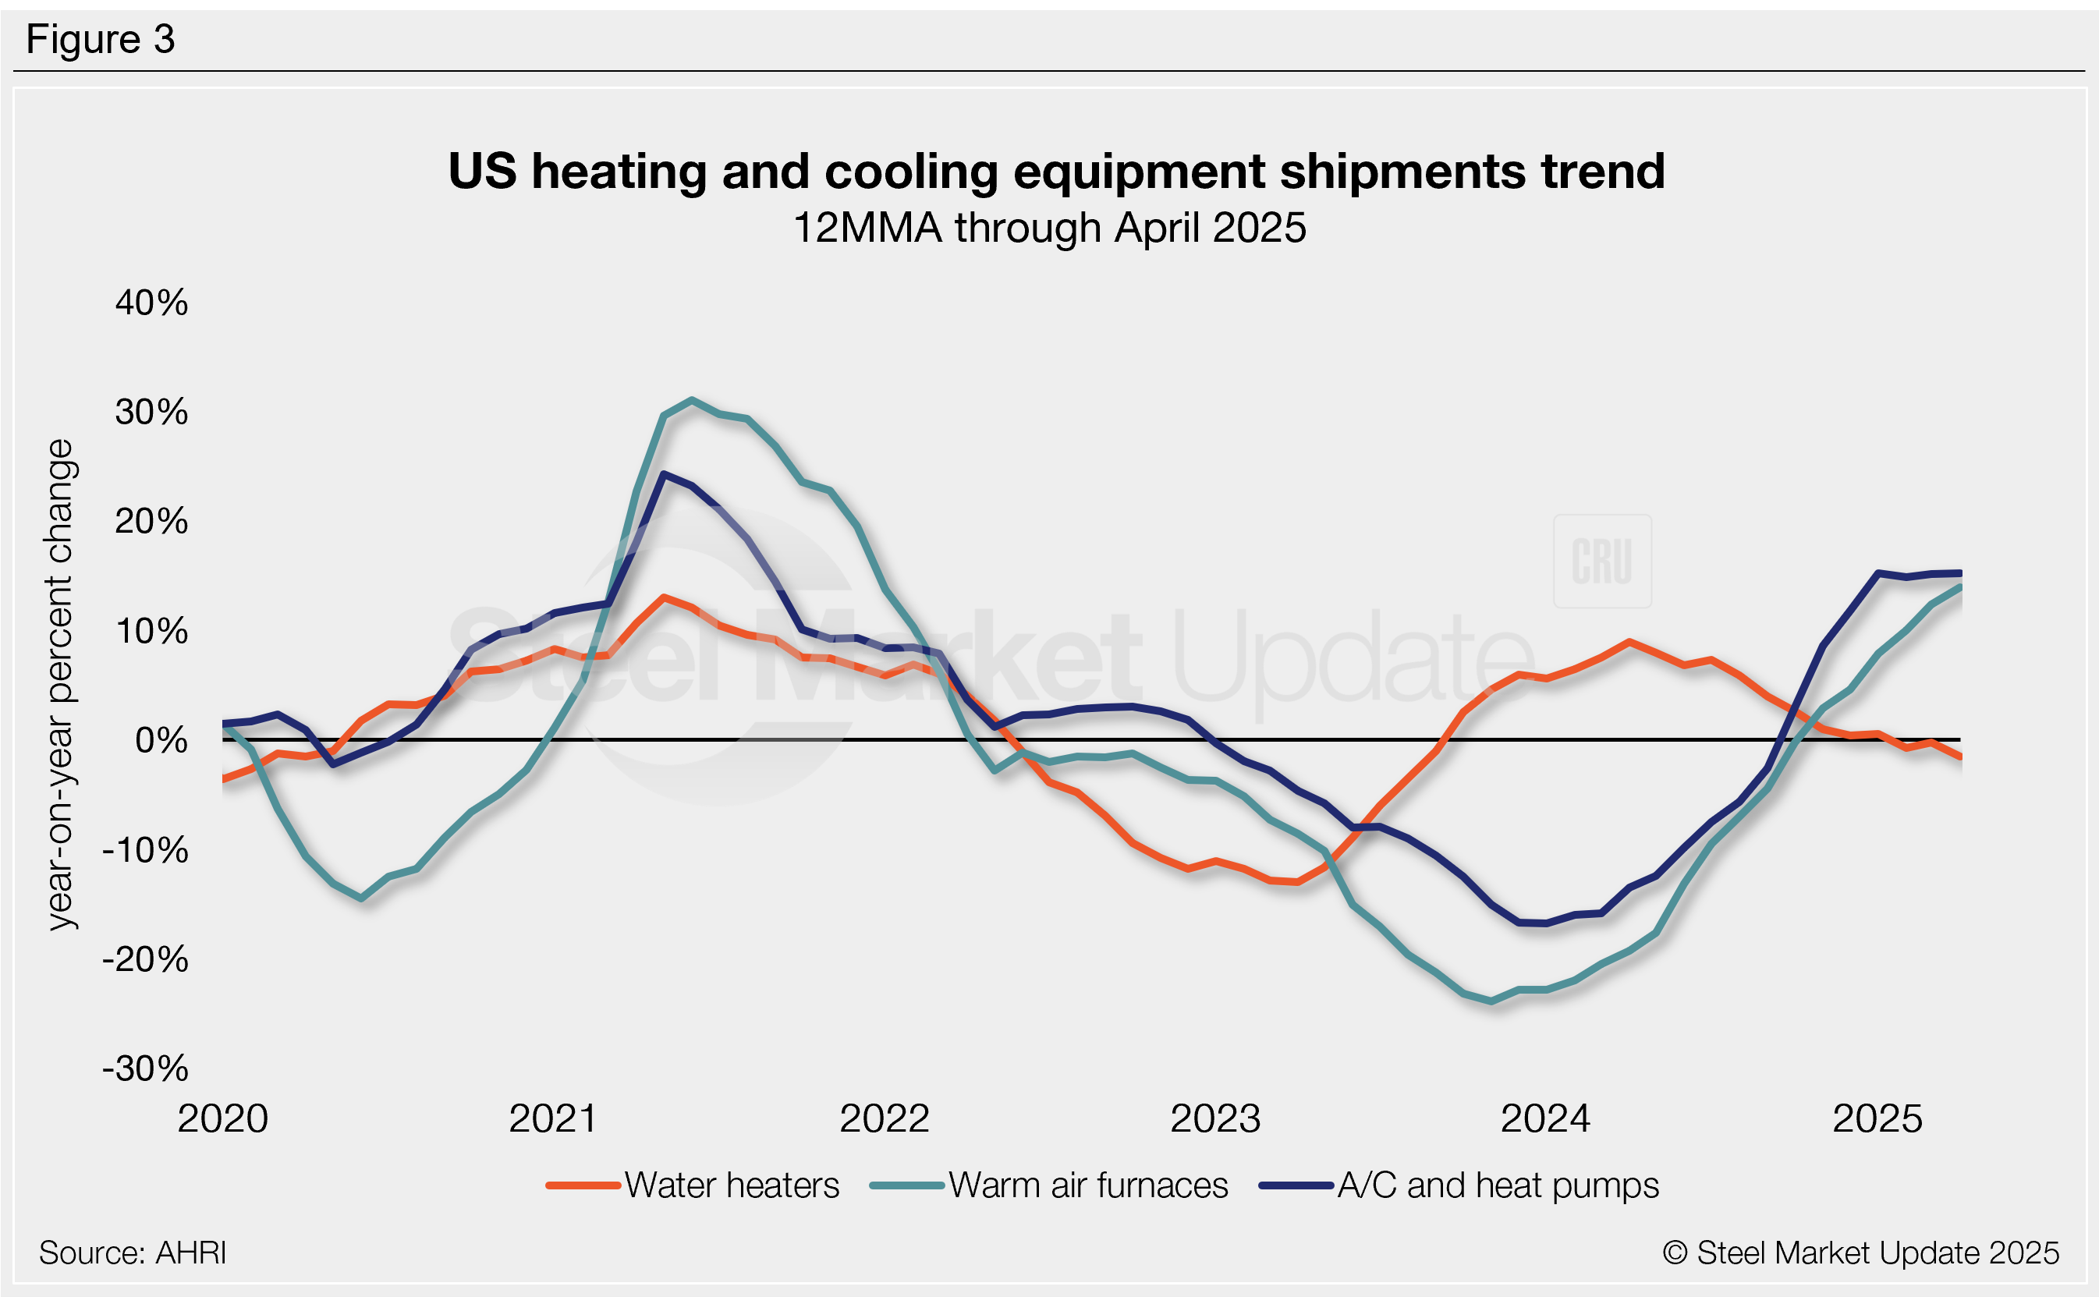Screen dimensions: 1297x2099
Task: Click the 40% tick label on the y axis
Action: pos(152,303)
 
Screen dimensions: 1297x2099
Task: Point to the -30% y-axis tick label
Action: pos(146,1068)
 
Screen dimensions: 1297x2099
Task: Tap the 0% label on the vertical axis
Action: pos(162,740)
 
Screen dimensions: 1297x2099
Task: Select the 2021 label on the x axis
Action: pos(553,1118)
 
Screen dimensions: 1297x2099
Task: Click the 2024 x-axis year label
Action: pos(1546,1118)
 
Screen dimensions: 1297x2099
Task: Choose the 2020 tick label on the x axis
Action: pos(223,1118)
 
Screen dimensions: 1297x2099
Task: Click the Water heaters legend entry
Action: pos(693,1185)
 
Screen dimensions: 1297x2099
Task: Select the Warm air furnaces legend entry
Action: pos(1049,1185)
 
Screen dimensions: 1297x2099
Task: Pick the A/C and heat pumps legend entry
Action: pos(1459,1185)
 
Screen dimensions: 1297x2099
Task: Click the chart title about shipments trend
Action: pos(1056,171)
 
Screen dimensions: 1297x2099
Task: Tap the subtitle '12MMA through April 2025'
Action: pos(1049,229)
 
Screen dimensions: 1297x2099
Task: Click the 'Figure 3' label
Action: pos(101,40)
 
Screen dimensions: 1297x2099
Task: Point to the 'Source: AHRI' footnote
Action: pos(133,1253)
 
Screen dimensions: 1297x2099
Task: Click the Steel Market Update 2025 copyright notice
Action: pos(1860,1253)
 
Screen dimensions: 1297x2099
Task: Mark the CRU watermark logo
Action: pos(1602,561)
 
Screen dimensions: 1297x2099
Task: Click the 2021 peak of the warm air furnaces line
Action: pos(692,400)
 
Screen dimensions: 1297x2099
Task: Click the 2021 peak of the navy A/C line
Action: pos(664,473)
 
